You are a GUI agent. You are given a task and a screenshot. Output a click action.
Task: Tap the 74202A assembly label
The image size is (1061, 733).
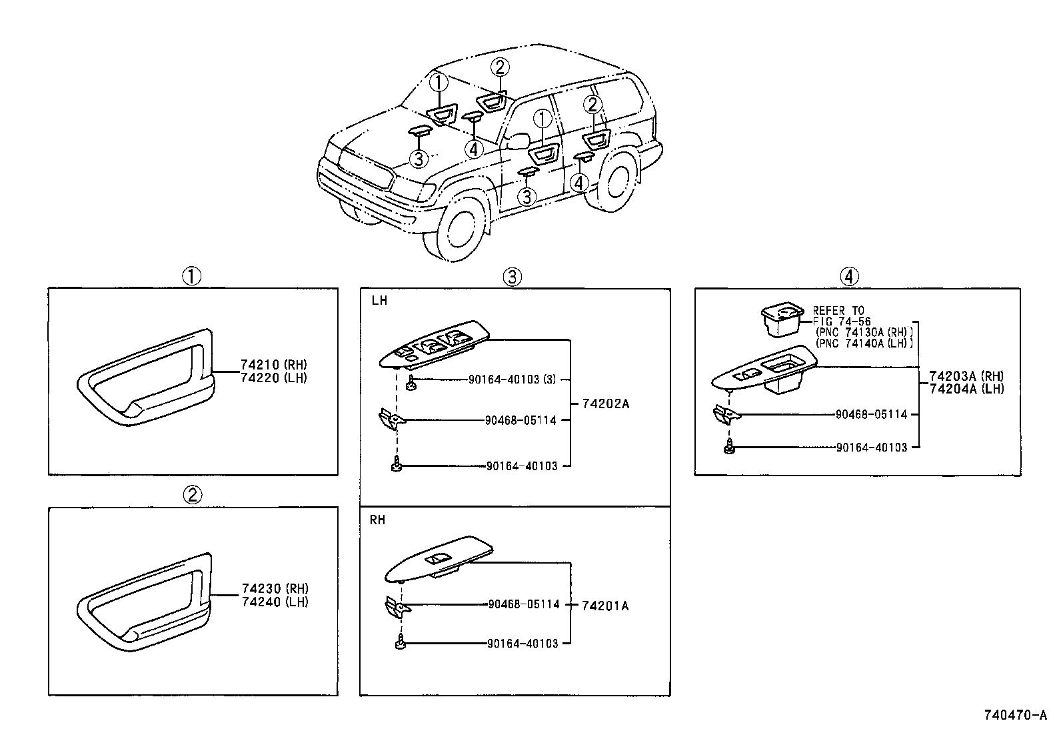tap(605, 404)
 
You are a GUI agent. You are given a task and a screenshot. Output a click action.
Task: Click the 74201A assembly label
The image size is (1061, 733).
tap(605, 606)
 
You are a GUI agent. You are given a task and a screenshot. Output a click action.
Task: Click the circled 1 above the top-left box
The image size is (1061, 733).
tap(192, 276)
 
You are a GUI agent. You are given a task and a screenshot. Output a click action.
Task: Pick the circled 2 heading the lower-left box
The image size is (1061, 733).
tap(192, 494)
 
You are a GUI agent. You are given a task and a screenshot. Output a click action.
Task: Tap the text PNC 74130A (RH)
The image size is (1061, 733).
tap(864, 332)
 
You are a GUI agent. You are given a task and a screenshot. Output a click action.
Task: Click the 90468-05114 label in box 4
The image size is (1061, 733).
tap(871, 414)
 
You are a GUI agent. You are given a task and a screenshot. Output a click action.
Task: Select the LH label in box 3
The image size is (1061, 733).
tap(379, 301)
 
